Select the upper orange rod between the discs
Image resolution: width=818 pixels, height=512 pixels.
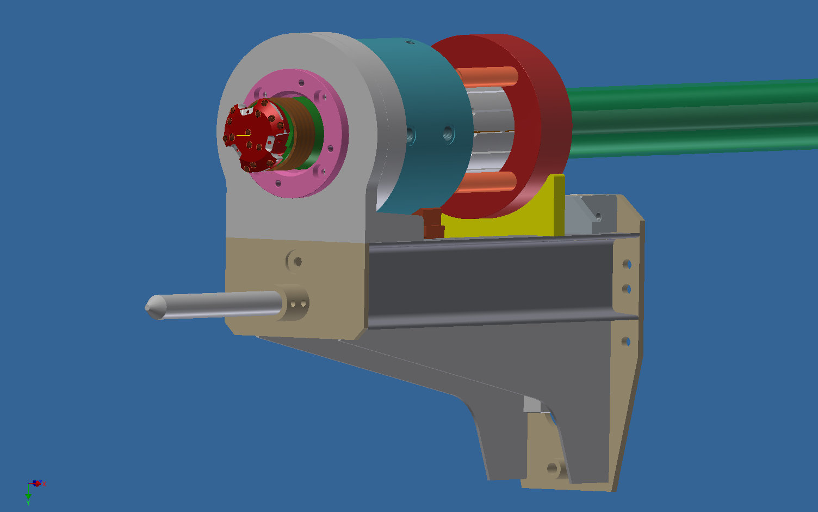click(x=487, y=75)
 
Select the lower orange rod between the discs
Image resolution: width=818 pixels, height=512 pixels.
click(x=487, y=182)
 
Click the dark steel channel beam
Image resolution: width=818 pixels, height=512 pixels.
click(x=489, y=283)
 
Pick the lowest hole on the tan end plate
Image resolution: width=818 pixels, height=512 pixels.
click(x=626, y=342)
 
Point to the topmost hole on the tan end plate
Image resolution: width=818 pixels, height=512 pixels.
click(x=627, y=264)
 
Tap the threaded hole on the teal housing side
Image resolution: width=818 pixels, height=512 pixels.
click(x=448, y=132)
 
